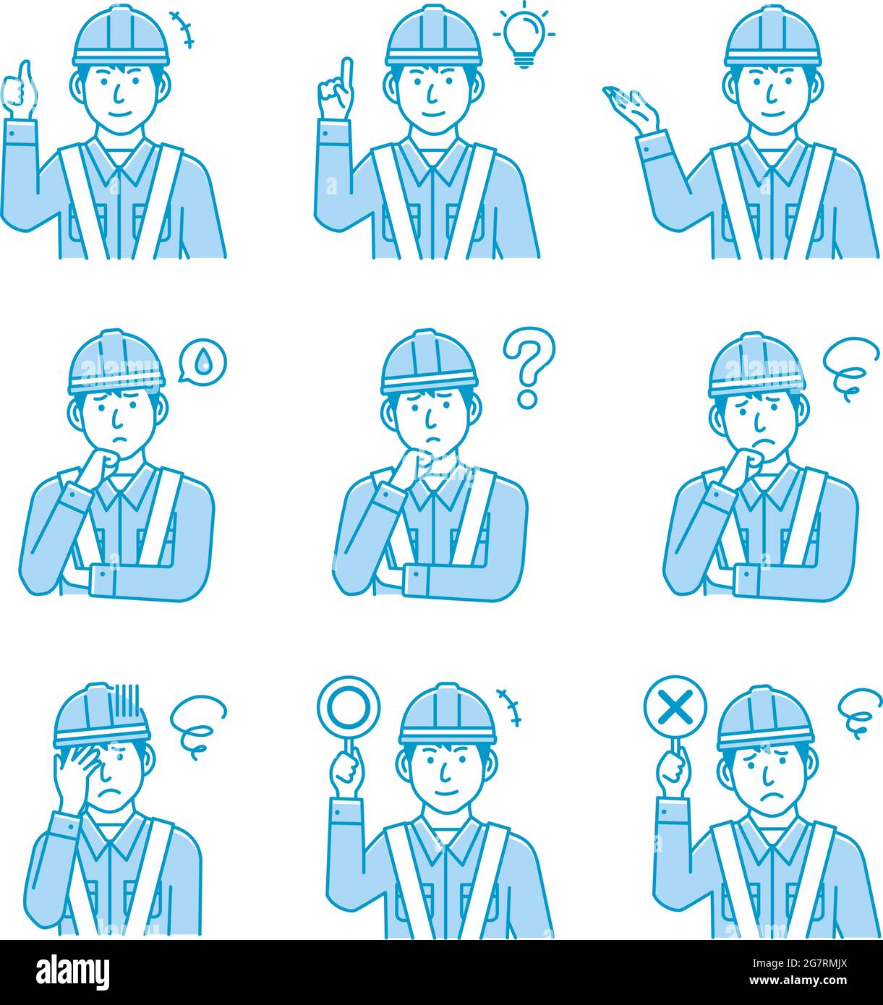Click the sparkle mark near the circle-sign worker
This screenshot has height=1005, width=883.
click(x=510, y=706)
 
